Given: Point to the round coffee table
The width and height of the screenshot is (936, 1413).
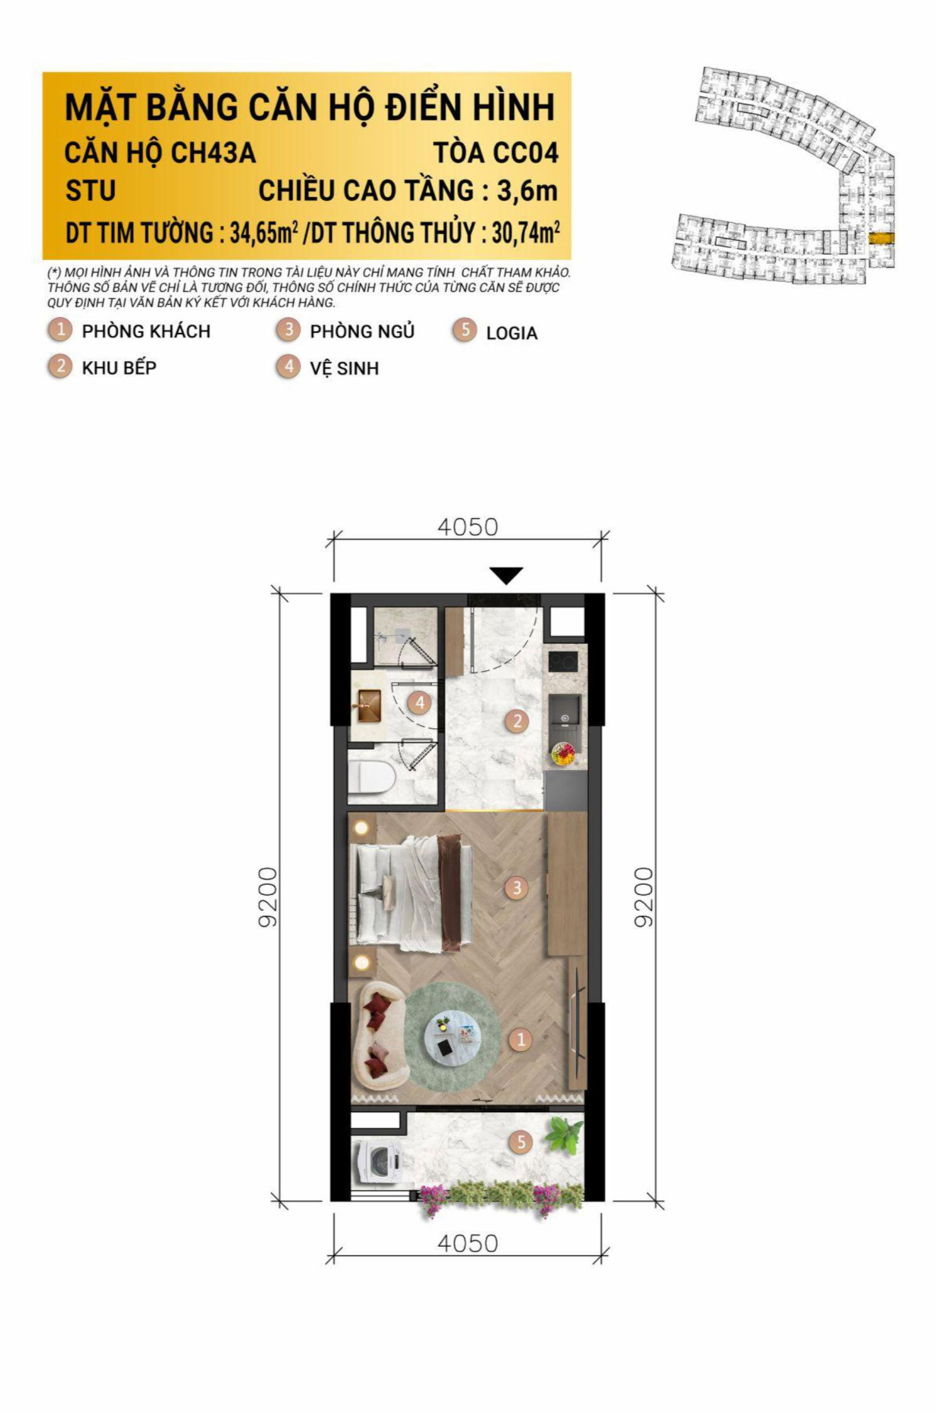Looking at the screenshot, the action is (451, 1037).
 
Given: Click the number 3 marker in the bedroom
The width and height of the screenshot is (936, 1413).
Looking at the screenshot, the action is (517, 887).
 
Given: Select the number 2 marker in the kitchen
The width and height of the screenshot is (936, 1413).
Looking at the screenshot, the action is (517, 720).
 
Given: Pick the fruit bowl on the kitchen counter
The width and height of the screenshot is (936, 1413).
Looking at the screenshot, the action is (564, 753).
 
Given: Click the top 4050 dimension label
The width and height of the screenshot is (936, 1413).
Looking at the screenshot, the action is (468, 527).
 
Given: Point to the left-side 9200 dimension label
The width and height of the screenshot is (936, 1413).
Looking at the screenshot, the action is (267, 897).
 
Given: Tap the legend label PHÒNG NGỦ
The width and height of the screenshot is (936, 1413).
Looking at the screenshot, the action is (362, 331).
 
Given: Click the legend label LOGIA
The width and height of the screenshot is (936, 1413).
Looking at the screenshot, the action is (512, 333).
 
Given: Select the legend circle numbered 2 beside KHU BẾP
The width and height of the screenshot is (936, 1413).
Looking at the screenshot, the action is (60, 366).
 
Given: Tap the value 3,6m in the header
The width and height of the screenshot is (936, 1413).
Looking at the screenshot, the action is (527, 190).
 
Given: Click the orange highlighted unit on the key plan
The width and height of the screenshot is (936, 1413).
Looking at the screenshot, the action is (880, 238).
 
